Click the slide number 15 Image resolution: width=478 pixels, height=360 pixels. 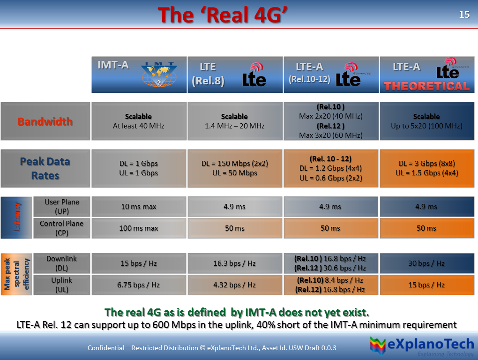[x=464, y=15]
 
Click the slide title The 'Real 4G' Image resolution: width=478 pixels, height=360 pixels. [x=223, y=15]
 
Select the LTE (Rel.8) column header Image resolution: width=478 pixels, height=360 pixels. [x=235, y=75]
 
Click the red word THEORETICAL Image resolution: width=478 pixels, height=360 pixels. [x=426, y=86]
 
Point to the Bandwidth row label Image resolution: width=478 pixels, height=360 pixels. [x=45, y=121]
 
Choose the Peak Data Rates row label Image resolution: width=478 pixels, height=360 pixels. [x=45, y=168]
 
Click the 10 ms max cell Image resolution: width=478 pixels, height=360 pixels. [x=139, y=207]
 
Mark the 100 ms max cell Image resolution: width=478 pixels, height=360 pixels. [x=139, y=228]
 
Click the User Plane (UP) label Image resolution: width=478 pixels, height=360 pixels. [x=62, y=207]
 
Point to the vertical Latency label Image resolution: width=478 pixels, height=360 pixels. [x=17, y=217]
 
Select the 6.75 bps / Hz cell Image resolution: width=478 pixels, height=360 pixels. [x=139, y=285]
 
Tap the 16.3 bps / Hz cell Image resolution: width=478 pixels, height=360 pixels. [x=234, y=263]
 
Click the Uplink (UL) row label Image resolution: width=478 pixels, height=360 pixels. [x=62, y=285]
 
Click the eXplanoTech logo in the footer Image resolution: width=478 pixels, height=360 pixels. [x=421, y=347]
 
